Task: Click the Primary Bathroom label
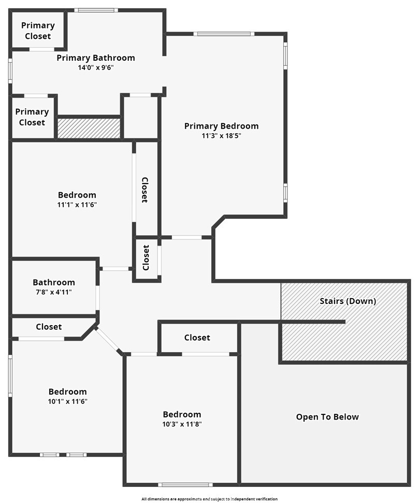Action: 96,58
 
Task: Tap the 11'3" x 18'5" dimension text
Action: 221,136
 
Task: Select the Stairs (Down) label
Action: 348,301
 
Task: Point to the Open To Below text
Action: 327,417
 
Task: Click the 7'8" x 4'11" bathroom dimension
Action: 54,292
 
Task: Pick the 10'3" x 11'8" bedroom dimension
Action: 182,424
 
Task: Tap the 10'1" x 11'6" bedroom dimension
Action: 68,401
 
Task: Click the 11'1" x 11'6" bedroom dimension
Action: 77,205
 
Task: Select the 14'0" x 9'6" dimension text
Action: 96,68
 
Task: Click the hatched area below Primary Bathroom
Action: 89,128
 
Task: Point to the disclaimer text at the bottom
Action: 209,499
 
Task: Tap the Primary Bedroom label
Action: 221,126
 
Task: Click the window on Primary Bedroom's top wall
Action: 224,34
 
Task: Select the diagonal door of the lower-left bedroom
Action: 107,340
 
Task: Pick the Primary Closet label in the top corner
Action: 38,31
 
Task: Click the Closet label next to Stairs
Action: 197,338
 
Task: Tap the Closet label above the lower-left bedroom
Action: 49,327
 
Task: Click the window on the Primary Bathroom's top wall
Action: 96,10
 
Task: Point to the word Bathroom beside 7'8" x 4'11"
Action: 54,283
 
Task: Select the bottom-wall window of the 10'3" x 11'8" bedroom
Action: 185,485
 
